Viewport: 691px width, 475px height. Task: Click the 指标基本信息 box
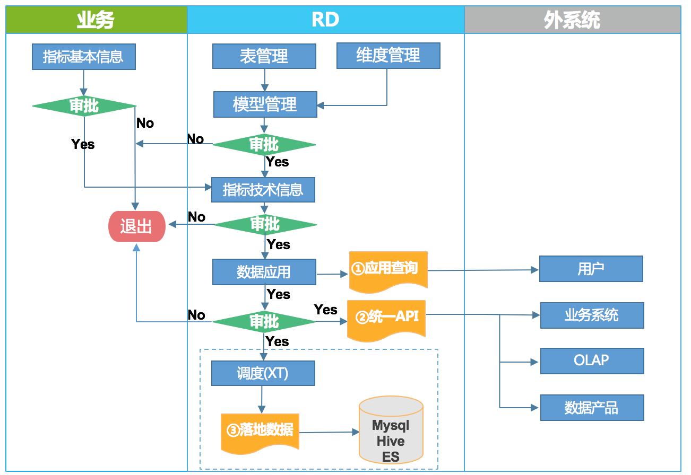coord(84,57)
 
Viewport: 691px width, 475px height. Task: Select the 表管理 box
coord(264,56)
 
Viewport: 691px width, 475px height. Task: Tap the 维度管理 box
coord(388,56)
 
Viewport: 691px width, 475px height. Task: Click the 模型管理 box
coord(265,104)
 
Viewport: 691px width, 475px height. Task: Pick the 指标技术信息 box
coord(263,190)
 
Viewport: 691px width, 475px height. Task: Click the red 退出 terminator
coord(137,226)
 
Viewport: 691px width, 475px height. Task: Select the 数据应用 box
coord(264,272)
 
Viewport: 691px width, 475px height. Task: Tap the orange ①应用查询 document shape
coord(388,271)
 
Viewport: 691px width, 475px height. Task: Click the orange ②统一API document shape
coord(386,320)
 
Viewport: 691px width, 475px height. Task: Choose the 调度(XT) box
coord(263,373)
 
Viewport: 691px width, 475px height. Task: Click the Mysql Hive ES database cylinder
coord(391,430)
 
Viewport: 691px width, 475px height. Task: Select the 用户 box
coord(591,269)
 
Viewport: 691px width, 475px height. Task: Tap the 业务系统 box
coord(592,315)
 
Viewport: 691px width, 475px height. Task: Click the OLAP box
coord(592,361)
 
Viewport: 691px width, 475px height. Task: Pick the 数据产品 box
coord(592,408)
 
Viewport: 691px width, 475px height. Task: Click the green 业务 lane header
coord(97,20)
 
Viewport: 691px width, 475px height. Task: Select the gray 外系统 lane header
coord(573,20)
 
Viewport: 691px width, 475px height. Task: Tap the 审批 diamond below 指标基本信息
coord(84,106)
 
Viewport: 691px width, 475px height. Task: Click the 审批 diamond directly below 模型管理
coord(264,145)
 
